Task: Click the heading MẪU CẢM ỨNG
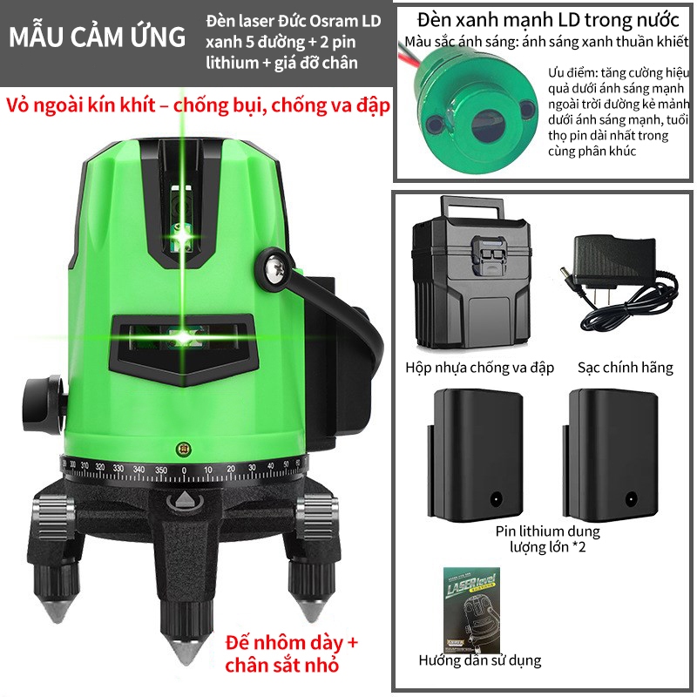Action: (97, 37)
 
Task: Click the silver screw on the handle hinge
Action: (272, 268)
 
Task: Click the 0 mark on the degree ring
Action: (184, 470)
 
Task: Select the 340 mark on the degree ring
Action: (139, 469)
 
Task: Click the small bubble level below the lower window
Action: (183, 449)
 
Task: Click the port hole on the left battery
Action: (496, 498)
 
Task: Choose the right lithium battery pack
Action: (611, 455)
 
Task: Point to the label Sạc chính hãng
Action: (625, 368)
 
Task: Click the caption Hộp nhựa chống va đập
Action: (480, 368)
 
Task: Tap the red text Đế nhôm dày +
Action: (292, 643)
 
